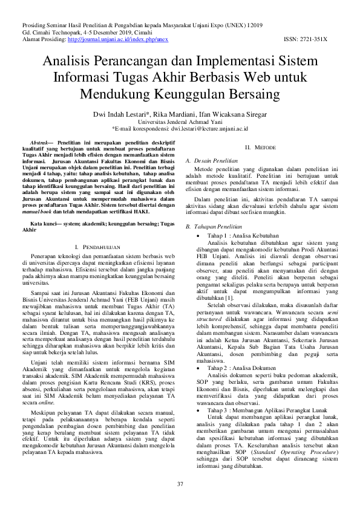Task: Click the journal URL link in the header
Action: (118, 39)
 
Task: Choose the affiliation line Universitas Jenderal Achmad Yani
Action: (180, 121)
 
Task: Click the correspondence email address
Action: (209, 128)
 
